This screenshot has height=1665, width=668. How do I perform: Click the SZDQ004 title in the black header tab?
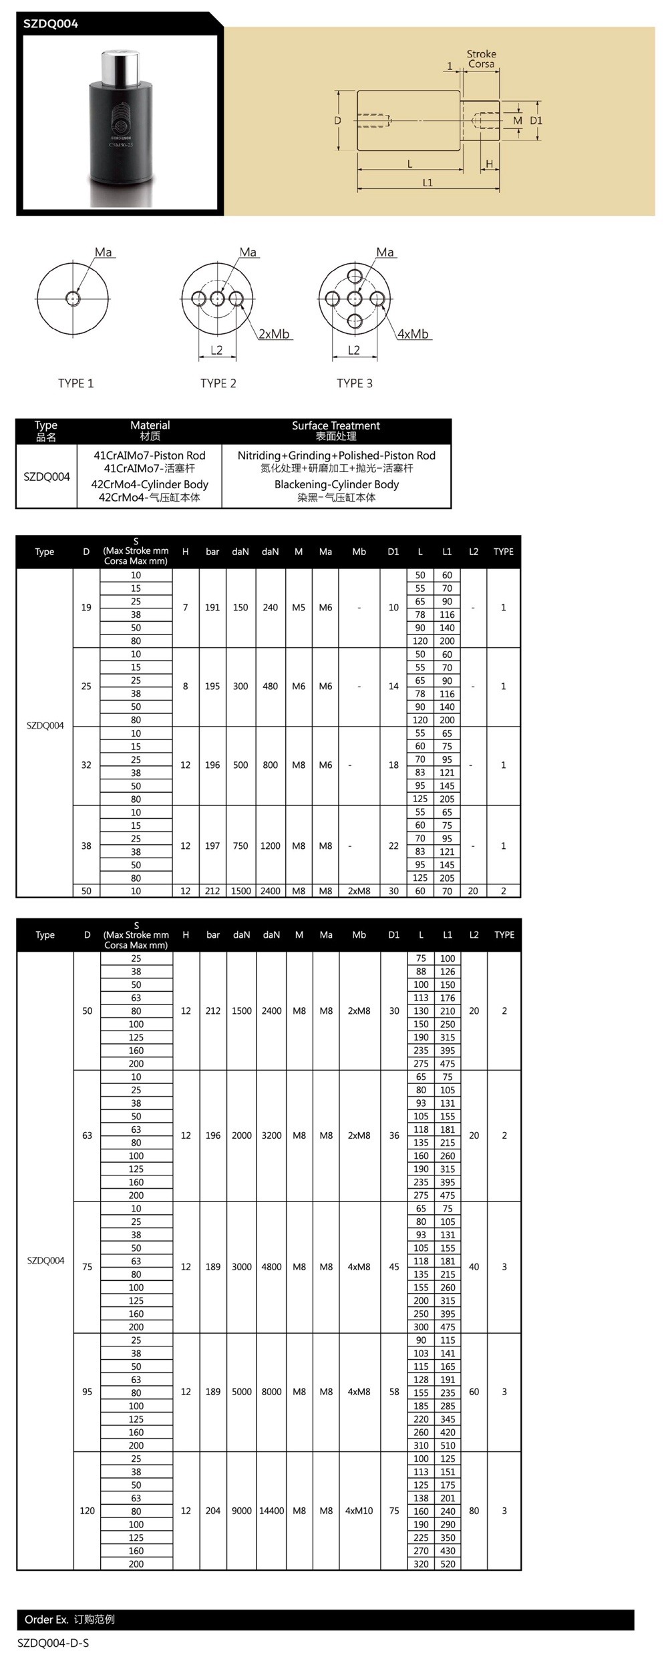pos(51,24)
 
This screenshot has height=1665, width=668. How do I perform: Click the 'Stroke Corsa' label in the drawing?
pos(481,59)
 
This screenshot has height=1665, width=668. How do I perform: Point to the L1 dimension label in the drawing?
pos(428,182)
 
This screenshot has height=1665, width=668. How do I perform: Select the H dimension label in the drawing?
pos(490,164)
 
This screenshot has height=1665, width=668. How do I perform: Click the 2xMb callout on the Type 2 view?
pos(274,334)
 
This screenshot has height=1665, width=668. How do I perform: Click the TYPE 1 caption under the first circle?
pos(75,383)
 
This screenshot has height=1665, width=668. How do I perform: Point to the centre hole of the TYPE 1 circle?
pos(73,298)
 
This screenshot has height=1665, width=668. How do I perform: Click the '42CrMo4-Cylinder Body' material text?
pos(150,484)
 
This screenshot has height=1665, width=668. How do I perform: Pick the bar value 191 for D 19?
pos(212,608)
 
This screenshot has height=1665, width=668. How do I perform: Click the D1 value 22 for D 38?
pos(393,846)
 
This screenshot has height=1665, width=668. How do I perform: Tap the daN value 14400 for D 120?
pos(271,1511)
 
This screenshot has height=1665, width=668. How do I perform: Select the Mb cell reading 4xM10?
pos(359,1511)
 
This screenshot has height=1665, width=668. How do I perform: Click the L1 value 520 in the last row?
pos(448,1563)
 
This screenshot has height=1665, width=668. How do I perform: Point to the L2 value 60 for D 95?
pos(474,1392)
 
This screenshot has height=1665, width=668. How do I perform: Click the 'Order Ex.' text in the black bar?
pos(47,1620)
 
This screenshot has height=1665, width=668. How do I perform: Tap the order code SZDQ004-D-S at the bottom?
pos(53,1643)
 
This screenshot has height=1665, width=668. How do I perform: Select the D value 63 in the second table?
pos(87,1135)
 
